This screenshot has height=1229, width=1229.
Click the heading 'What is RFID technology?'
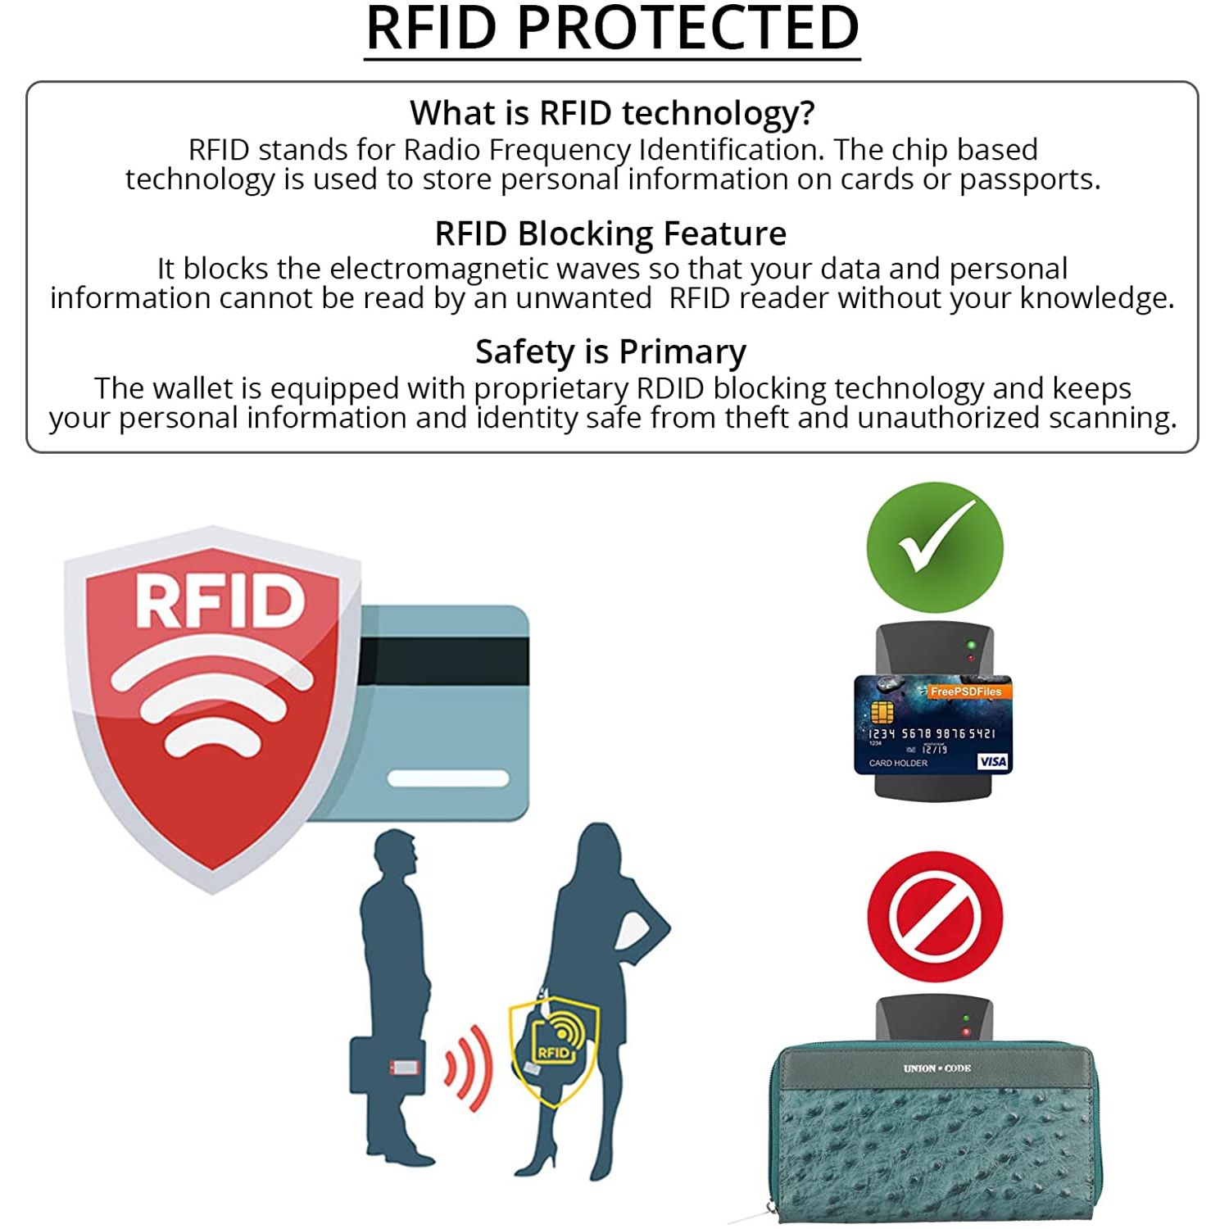pos(612,113)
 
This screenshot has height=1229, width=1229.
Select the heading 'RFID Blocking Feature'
pos(610,234)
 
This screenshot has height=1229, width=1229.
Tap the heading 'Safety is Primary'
pos(610,352)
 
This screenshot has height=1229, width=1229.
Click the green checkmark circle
pos(935,547)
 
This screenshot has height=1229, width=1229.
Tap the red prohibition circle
pos(935,916)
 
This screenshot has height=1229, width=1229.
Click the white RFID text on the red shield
pos(220,601)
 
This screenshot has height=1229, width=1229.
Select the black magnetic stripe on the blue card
pos(443,661)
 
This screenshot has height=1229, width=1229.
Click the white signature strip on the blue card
pos(448,778)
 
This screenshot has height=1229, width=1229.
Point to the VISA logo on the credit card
pos(992,761)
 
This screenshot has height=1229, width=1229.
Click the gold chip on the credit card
pos(881,711)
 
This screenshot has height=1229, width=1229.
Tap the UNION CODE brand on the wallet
pos(936,1068)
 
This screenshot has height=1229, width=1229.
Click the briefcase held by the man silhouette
pos(387,1066)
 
